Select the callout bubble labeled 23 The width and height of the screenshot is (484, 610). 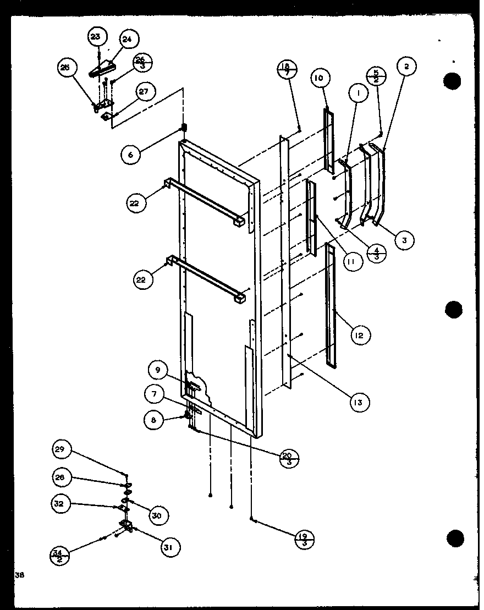(96, 37)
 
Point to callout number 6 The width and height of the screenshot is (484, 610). (130, 155)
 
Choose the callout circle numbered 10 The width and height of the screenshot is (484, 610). (318, 78)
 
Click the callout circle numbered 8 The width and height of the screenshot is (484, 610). (153, 420)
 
